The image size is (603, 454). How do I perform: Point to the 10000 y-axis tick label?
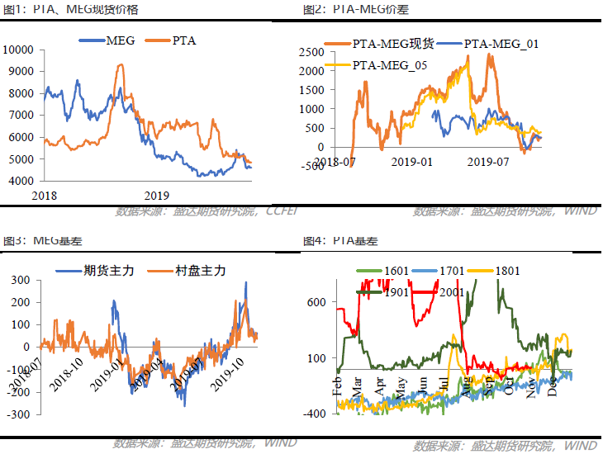click(18, 50)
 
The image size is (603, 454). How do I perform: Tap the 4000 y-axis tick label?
click(21, 181)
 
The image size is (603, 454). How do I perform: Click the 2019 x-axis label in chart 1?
click(156, 196)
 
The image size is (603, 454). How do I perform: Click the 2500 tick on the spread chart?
click(310, 51)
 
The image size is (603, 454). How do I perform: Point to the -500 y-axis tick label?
click(311, 166)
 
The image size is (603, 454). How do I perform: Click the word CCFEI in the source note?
click(282, 211)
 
